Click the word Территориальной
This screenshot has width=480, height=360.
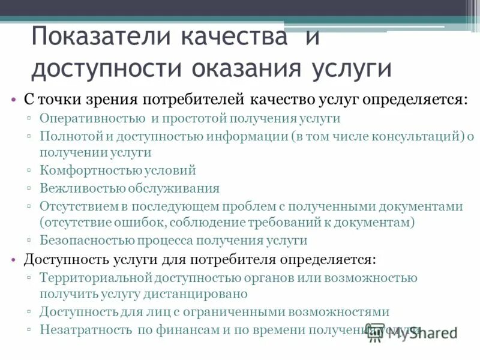point(96,278)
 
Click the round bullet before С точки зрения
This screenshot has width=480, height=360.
point(13,99)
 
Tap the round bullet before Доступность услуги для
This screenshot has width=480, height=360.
point(13,260)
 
